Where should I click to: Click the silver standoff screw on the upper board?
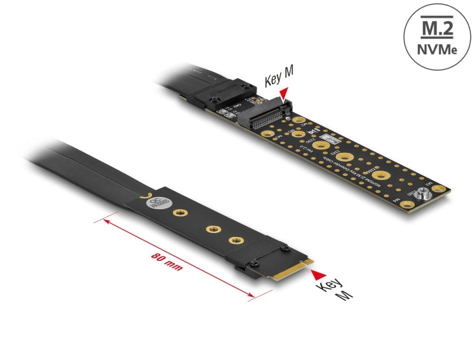pyautogui.click(x=424, y=194)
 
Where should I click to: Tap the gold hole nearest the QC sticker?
pyautogui.click(x=181, y=215)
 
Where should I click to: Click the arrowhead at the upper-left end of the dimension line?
pyautogui.click(x=105, y=219)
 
